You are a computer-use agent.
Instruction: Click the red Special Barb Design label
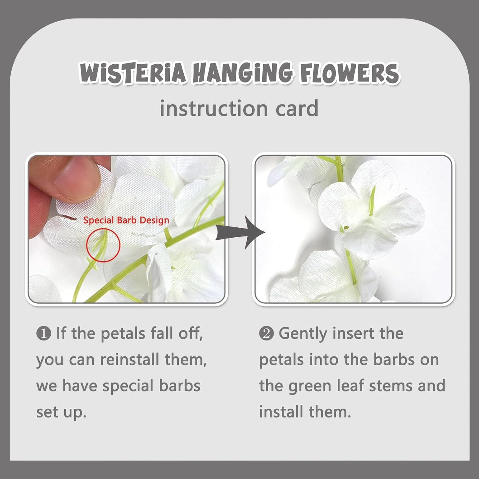tap(126, 220)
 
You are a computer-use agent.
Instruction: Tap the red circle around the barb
tap(103, 245)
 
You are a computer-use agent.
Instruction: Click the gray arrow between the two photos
tap(240, 232)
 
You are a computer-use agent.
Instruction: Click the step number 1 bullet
tap(43, 333)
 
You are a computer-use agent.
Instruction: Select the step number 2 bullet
tap(266, 333)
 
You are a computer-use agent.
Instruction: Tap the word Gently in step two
tap(303, 333)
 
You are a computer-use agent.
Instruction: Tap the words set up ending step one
tap(61, 412)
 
